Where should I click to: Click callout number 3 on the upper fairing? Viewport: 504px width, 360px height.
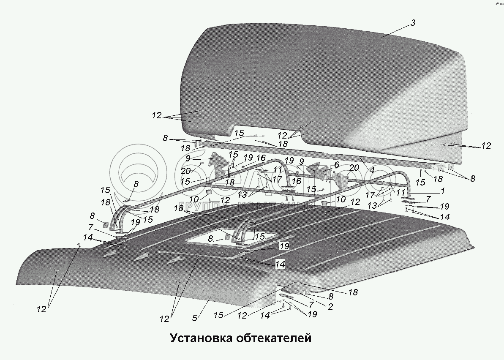coord(413,23)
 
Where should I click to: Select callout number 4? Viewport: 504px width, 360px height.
coord(372,170)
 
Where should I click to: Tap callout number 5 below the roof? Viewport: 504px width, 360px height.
coord(194,318)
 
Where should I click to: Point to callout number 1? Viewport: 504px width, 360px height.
coord(442,191)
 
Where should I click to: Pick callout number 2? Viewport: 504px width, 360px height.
coord(330,307)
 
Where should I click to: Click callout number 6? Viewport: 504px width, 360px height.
coord(336,164)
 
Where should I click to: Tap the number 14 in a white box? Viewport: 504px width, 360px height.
coord(280,265)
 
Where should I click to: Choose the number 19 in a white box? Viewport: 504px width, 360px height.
coord(284,245)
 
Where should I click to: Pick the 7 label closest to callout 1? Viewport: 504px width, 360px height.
coord(428,199)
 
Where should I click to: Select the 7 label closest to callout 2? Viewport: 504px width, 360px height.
coord(311,304)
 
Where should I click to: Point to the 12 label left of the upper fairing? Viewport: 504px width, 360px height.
coord(157,115)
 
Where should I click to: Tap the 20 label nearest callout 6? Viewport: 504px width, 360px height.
coord(354,168)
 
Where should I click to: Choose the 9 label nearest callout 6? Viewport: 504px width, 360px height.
coord(302,161)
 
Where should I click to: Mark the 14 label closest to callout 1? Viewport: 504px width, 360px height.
coord(444,217)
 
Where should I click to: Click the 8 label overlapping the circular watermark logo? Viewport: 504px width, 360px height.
coord(136,184)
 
